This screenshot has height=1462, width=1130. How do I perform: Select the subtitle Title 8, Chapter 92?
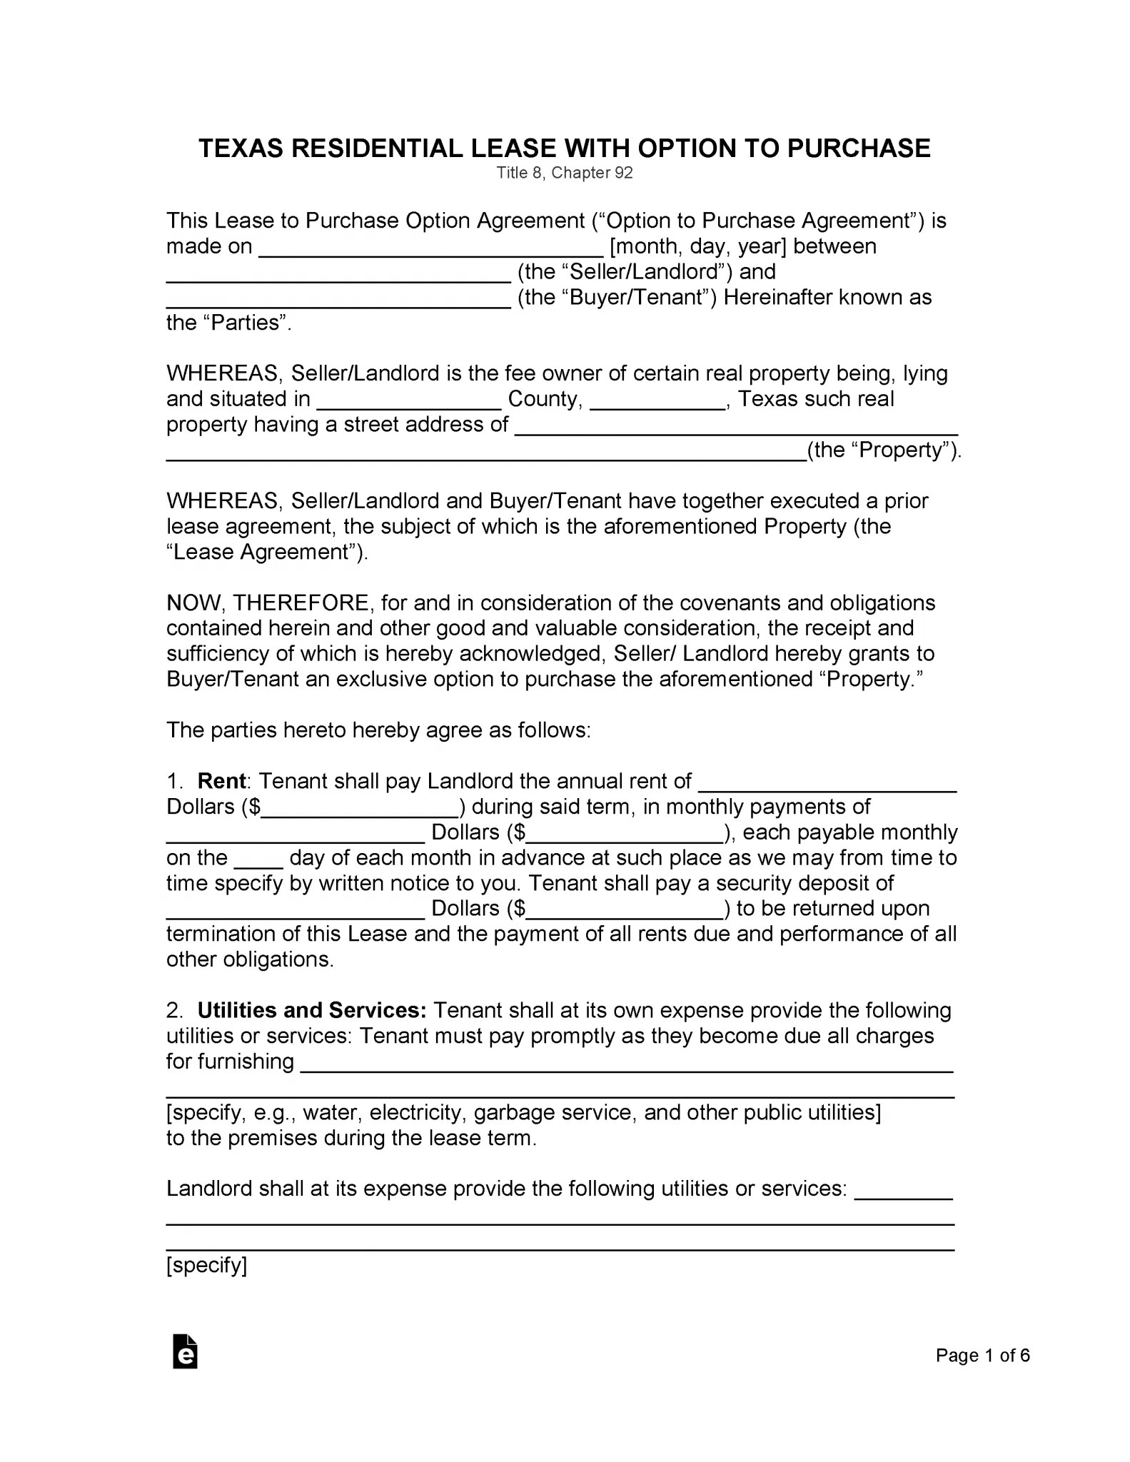pyautogui.click(x=565, y=173)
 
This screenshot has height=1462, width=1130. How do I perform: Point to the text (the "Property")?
pyautogui.click(x=884, y=450)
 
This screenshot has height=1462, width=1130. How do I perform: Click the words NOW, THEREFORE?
pyautogui.click(x=268, y=603)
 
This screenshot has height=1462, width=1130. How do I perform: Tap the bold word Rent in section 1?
pyautogui.click(x=221, y=781)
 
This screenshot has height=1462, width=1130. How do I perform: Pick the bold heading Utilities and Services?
pyautogui.click(x=312, y=1011)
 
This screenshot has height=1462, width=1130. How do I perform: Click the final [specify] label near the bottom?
pyautogui.click(x=206, y=1266)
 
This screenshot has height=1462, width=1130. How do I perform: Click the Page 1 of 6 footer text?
pyautogui.click(x=982, y=1356)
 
